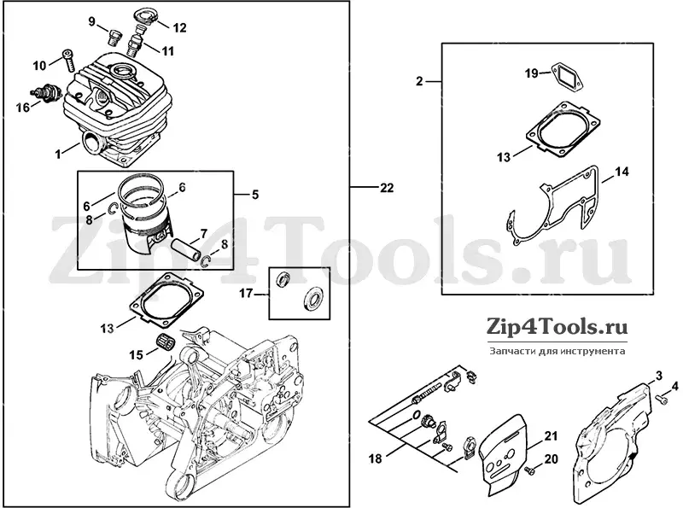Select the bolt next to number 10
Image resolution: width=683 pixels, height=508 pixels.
click(x=71, y=61)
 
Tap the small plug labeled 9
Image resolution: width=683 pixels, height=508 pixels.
click(x=114, y=37)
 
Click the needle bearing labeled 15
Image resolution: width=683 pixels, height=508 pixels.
click(x=164, y=341)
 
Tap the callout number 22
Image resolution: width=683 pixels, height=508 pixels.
click(x=386, y=188)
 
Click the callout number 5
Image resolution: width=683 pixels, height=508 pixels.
click(x=255, y=195)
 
